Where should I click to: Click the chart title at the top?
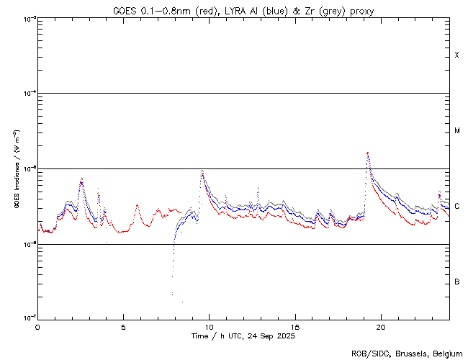point(243,11)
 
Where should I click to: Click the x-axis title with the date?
point(243,336)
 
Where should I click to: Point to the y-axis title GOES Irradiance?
point(15,169)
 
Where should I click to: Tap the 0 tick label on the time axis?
point(37,326)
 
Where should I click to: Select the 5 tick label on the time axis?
point(123,326)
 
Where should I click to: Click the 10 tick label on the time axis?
point(209,326)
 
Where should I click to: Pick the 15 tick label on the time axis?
point(295,326)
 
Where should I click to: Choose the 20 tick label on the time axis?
point(381,326)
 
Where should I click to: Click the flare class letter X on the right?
point(456,55)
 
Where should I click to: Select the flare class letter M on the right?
point(456,131)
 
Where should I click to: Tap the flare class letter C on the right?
point(456,207)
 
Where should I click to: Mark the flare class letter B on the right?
point(456,282)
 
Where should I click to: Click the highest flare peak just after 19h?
point(368,153)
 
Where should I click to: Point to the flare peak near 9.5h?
point(202,171)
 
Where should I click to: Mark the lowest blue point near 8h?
point(172,294)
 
